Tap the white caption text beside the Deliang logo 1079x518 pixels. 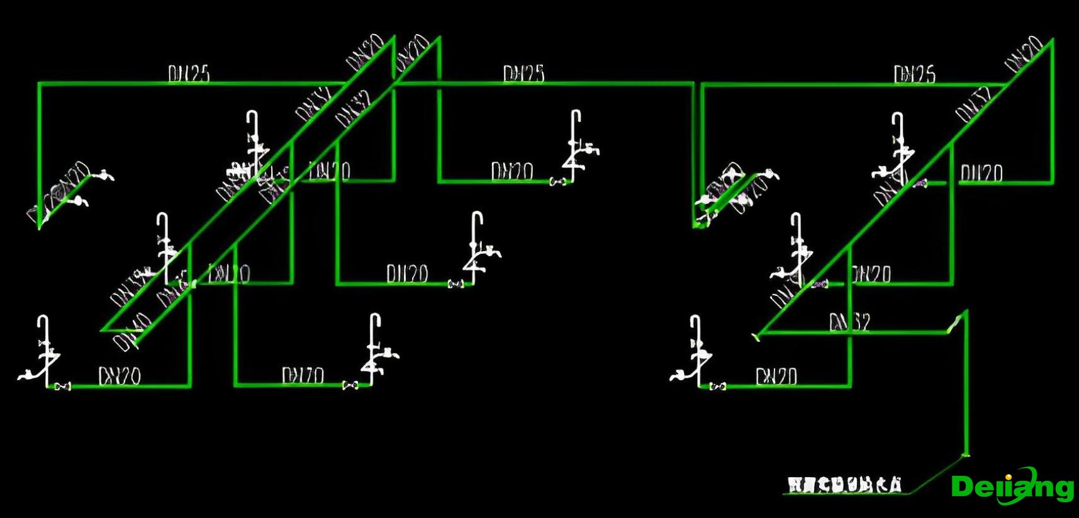tap(844, 485)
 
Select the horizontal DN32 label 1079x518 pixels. tap(849, 323)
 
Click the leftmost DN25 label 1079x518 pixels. tap(189, 74)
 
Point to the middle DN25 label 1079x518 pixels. tap(523, 74)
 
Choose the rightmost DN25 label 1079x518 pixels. tap(915, 74)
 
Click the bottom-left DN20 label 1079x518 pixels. tap(120, 376)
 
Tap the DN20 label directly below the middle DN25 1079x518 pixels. tap(512, 171)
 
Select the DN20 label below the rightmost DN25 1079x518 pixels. tap(981, 173)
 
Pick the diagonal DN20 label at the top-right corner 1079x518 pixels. tap(1023, 55)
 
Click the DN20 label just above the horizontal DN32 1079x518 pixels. tap(871, 274)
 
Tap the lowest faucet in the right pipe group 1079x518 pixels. tap(695, 352)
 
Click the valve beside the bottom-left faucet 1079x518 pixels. tap(62, 386)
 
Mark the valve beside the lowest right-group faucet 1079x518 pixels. tap(718, 386)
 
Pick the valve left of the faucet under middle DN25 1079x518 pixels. tap(556, 182)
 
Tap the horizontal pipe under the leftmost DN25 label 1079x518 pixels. tap(189, 83)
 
